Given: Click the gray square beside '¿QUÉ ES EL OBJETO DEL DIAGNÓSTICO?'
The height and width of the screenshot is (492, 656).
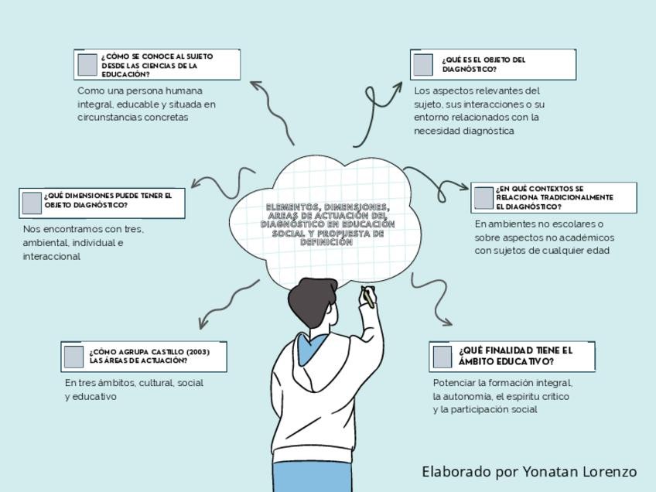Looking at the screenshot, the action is click(x=423, y=65).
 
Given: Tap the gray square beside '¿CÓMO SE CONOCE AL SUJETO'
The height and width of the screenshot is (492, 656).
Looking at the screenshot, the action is click(x=87, y=65).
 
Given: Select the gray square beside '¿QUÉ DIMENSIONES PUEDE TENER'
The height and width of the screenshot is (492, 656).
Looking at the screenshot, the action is click(x=32, y=203).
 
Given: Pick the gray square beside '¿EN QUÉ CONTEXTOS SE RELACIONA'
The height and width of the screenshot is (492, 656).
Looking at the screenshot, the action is click(x=483, y=198).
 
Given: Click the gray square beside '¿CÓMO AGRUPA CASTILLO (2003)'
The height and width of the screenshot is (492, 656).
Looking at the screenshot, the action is click(x=73, y=357).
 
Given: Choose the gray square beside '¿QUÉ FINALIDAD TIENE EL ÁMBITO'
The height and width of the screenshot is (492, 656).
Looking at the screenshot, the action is click(x=442, y=357).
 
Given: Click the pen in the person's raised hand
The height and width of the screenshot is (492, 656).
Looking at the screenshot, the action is click(x=368, y=296).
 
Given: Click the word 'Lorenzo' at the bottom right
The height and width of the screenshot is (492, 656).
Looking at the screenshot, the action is click(x=611, y=471).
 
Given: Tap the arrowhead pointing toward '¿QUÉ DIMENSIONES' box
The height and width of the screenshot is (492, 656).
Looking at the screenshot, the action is click(x=196, y=184).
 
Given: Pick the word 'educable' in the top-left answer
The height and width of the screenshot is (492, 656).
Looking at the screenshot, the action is click(x=138, y=104).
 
